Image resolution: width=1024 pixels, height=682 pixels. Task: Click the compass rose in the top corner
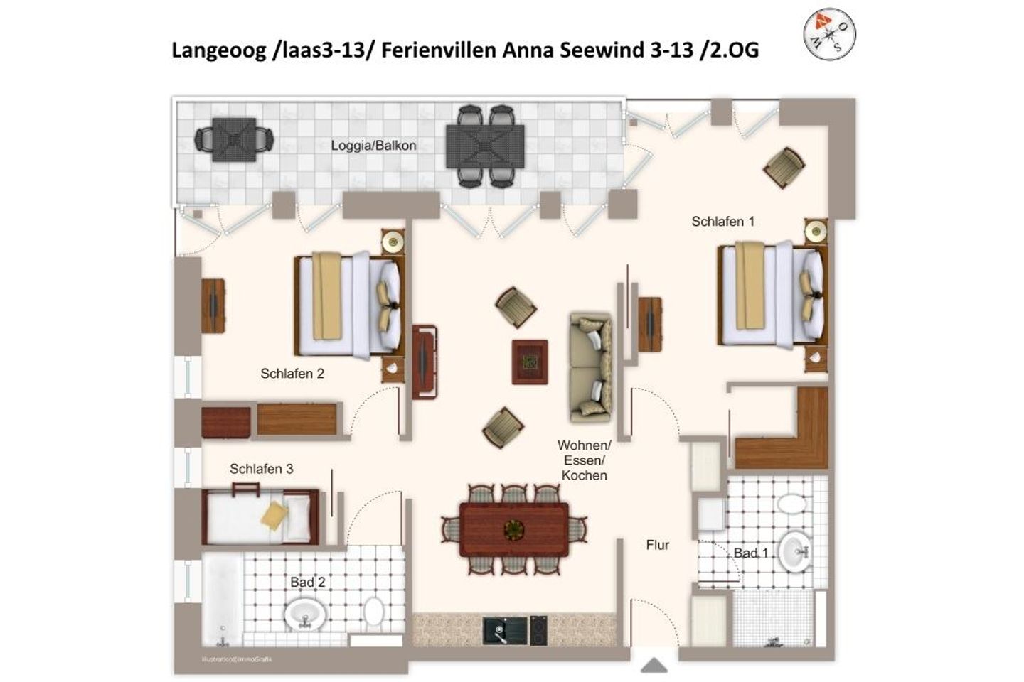click(829, 33)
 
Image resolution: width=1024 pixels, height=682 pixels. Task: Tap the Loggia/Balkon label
click(373, 146)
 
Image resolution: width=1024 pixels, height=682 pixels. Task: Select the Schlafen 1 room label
click(722, 222)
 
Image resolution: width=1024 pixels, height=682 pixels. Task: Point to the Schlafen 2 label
click(292, 374)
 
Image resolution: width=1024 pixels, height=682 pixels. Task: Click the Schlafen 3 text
click(261, 469)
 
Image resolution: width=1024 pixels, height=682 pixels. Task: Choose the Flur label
click(657, 546)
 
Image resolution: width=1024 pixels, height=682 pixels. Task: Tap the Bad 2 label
click(307, 583)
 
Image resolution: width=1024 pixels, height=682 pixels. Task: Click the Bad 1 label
click(750, 553)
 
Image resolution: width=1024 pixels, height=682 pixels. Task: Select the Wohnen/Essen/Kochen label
click(584, 460)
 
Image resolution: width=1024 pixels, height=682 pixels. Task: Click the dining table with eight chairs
click(513, 529)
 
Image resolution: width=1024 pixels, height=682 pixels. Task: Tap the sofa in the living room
click(590, 366)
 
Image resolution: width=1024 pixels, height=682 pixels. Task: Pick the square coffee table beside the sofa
click(530, 362)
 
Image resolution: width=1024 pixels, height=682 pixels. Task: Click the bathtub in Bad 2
click(223, 599)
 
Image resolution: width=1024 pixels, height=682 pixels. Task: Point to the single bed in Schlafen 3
click(260, 516)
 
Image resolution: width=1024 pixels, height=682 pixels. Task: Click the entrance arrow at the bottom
click(654, 666)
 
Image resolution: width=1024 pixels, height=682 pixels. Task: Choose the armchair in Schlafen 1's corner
click(784, 168)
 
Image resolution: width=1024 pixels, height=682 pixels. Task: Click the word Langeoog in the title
click(218, 50)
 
